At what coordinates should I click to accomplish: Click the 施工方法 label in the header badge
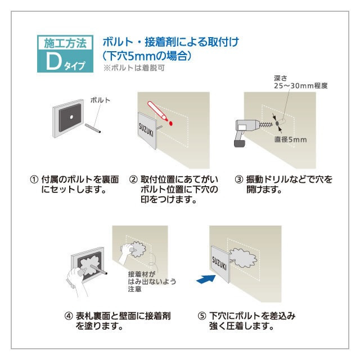pos(63,43)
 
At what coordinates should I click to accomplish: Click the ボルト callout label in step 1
pos(100,100)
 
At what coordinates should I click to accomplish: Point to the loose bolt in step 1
pos(93,126)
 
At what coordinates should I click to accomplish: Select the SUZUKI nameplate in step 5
pos(222,263)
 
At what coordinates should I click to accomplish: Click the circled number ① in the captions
pos(34,179)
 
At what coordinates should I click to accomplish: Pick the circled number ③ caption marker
pos(238,179)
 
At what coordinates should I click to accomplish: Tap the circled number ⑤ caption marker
pos(201,316)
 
